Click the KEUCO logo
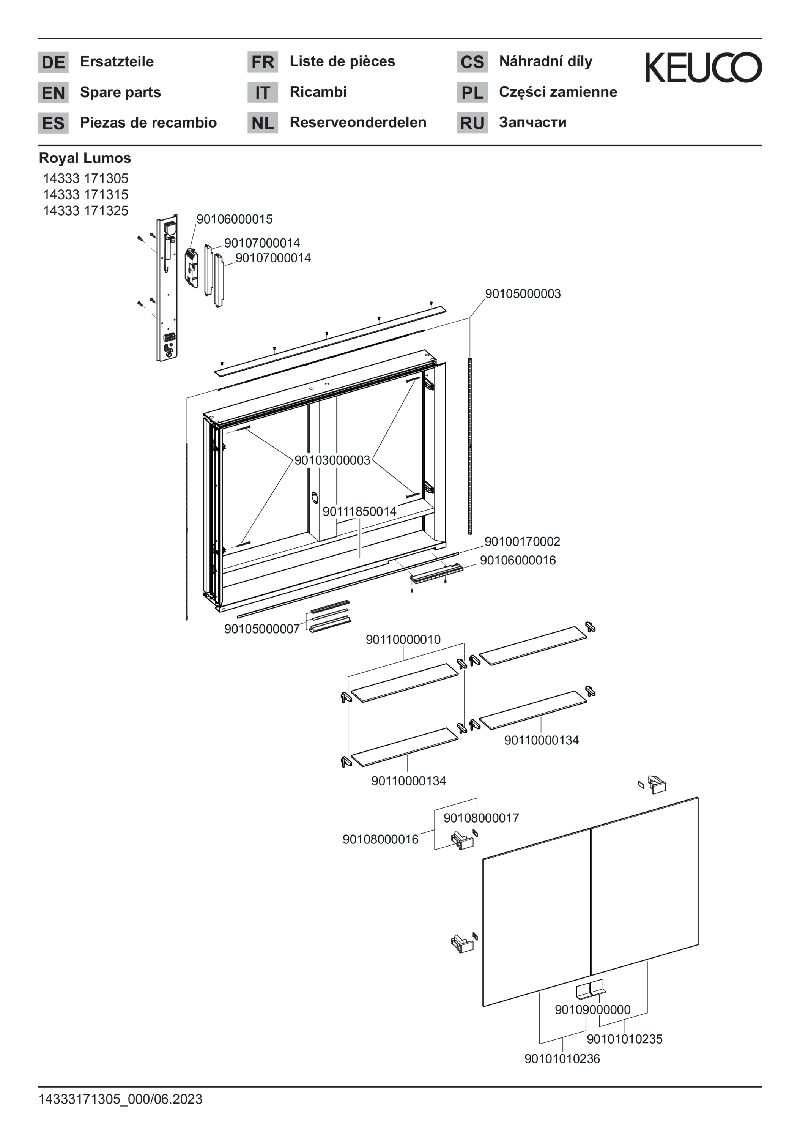[x=703, y=68]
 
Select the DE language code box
[x=53, y=62]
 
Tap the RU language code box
[x=472, y=123]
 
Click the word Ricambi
[x=318, y=92]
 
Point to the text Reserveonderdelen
[x=358, y=122]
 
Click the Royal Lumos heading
[x=85, y=158]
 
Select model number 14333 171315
[x=86, y=194]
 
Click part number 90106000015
[x=234, y=219]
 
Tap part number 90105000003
[x=523, y=294]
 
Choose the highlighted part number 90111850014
[x=360, y=511]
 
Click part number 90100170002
[x=522, y=541]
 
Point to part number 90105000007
[x=262, y=629]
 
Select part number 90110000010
[x=403, y=640]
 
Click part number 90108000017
[x=481, y=818]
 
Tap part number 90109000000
[x=592, y=1010]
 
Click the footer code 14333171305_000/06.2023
[x=121, y=1099]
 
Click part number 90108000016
[x=381, y=839]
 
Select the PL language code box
[x=472, y=93]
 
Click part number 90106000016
[x=518, y=560]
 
